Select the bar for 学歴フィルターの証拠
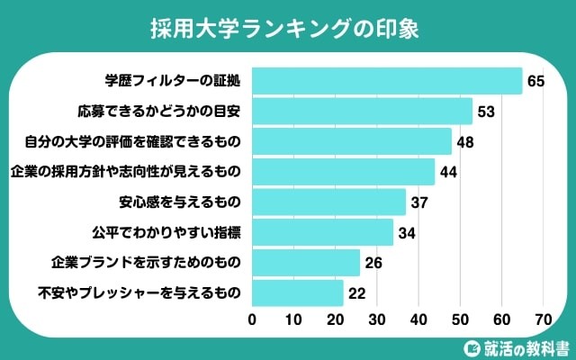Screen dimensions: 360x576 [387, 81]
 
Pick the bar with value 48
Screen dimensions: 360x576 [352, 141]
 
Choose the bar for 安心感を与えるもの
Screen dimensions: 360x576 [328, 202]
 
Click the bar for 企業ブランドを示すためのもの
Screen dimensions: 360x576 [306, 263]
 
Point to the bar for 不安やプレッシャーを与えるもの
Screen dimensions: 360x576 [298, 292]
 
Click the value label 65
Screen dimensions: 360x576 [536, 82]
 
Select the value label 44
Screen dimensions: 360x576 [449, 172]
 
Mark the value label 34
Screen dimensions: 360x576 [408, 232]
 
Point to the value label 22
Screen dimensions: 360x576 [358, 293]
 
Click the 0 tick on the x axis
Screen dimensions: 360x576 [253, 319]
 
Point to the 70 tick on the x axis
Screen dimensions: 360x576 [543, 319]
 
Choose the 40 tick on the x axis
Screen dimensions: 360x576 [418, 319]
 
